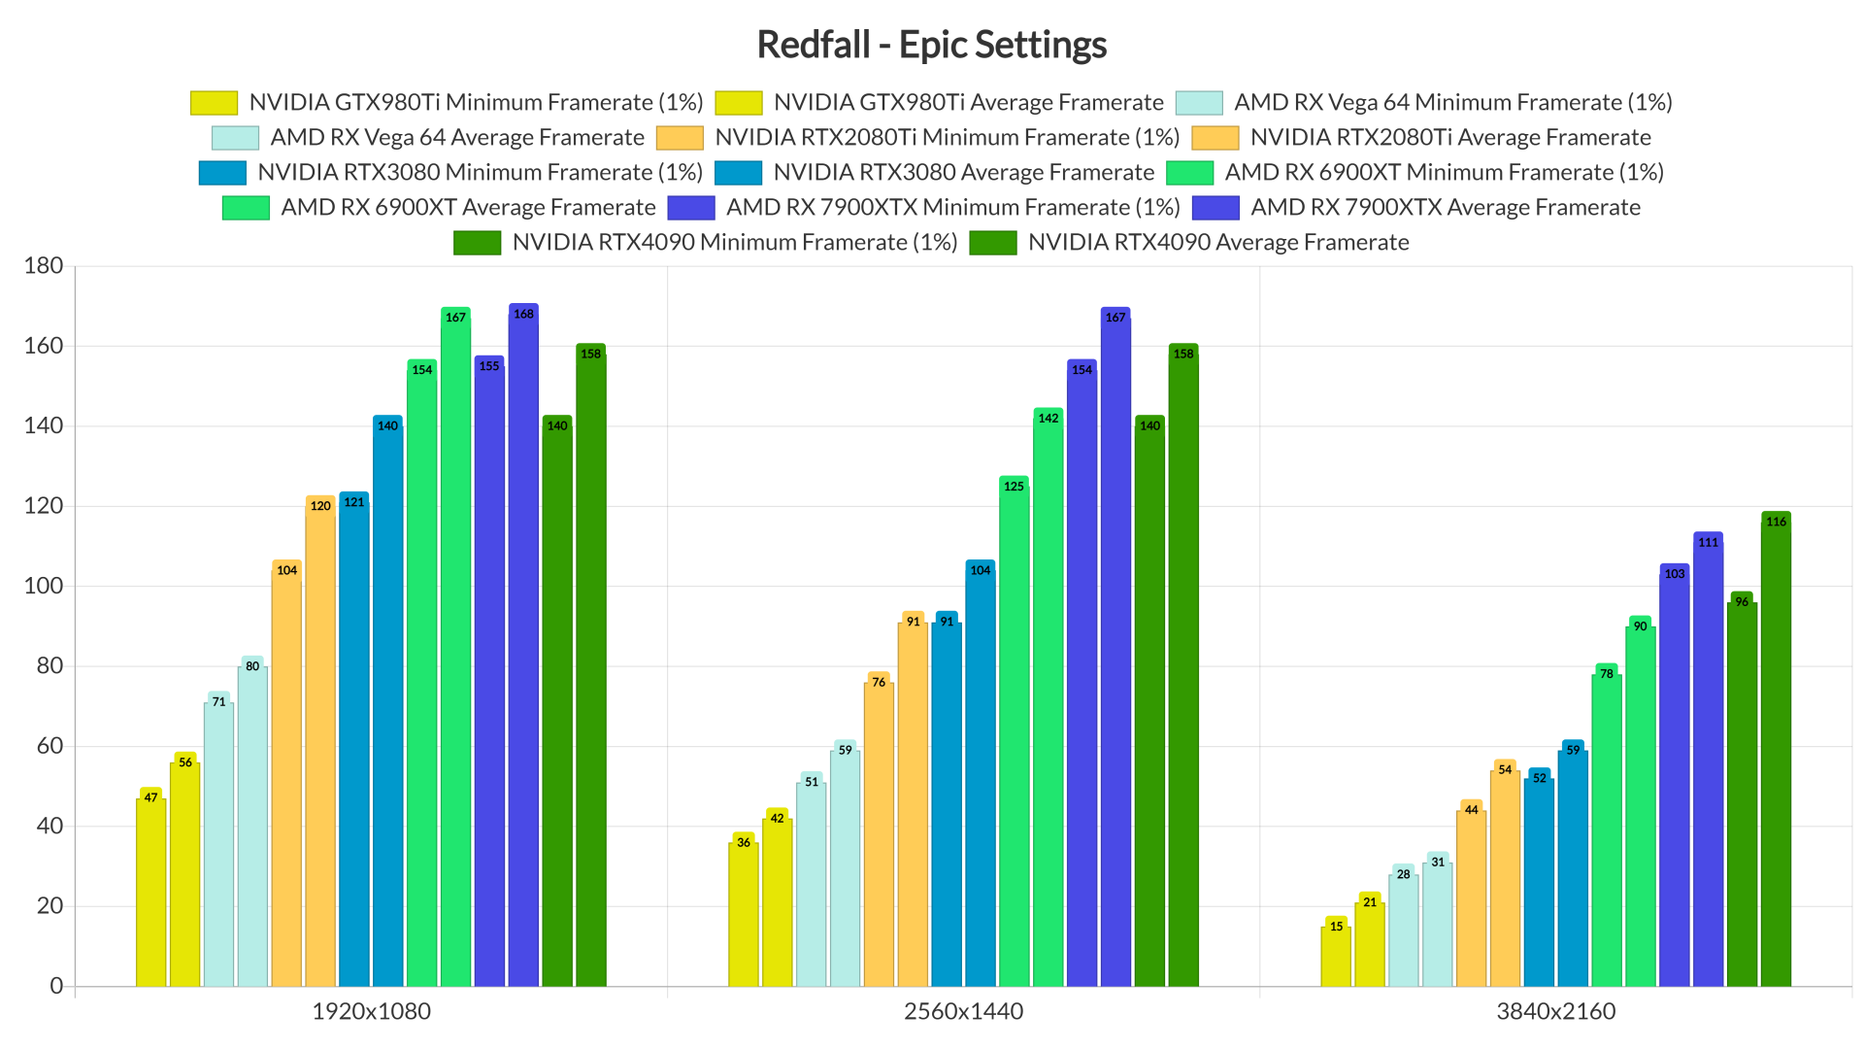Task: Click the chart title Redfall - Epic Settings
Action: click(931, 45)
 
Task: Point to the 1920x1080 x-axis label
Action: click(371, 1011)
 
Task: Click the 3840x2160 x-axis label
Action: click(1555, 1011)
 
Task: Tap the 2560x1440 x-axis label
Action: click(963, 1011)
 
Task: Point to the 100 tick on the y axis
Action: click(43, 586)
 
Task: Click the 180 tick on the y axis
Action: click(43, 266)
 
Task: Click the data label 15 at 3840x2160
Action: click(1336, 927)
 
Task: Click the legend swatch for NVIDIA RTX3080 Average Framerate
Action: click(738, 173)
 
